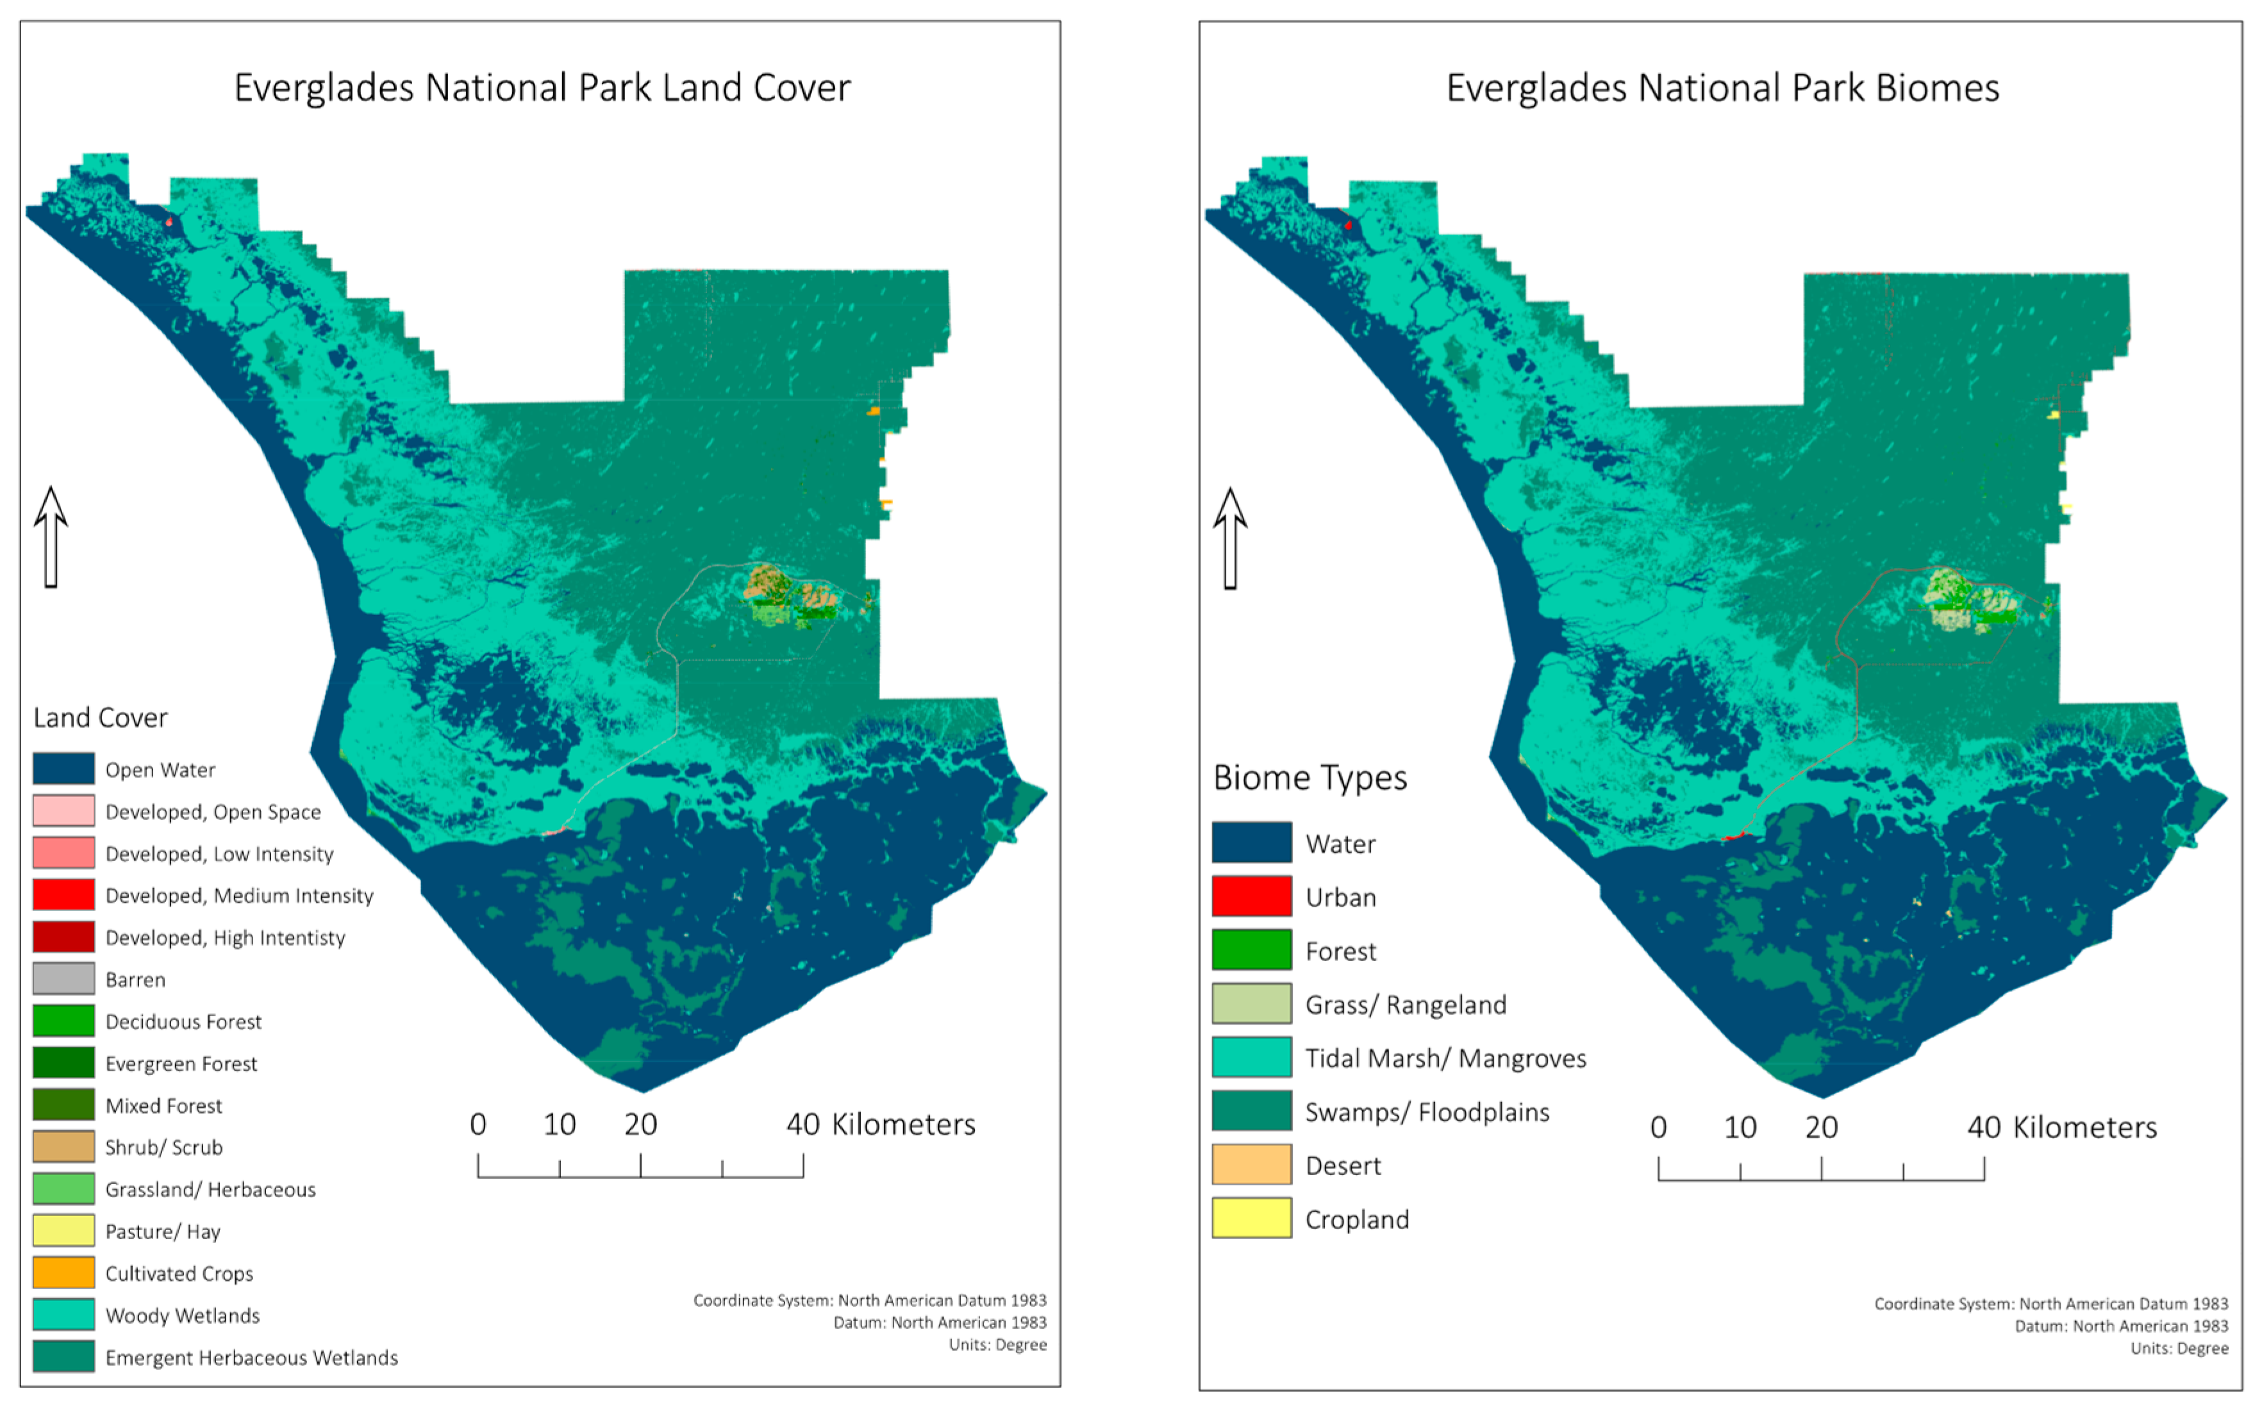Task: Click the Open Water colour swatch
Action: (x=63, y=769)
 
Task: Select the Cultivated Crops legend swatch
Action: (x=63, y=1272)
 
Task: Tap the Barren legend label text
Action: (x=135, y=980)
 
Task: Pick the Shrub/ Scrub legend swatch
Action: (x=63, y=1146)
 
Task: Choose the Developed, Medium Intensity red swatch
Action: (x=63, y=894)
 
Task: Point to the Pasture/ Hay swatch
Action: (x=63, y=1230)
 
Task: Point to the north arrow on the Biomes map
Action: (x=1229, y=539)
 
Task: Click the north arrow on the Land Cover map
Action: (x=51, y=537)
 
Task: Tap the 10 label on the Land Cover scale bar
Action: (x=559, y=1125)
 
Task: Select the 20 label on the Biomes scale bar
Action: (x=1820, y=1128)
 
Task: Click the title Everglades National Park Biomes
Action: (x=1722, y=88)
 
